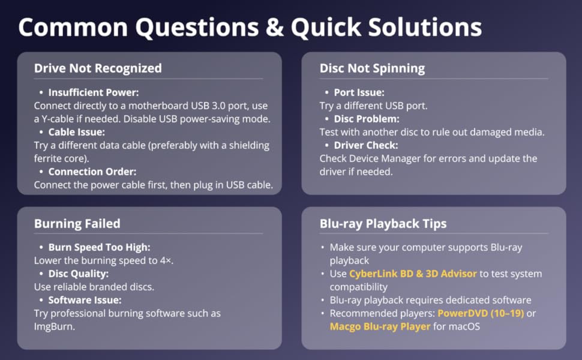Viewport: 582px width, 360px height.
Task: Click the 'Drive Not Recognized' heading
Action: (98, 68)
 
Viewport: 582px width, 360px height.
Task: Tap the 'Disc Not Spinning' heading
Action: (372, 68)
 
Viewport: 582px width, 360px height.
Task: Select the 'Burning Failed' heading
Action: (77, 224)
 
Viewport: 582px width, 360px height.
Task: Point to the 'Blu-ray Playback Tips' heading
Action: (383, 224)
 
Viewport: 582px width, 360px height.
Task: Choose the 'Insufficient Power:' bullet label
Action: (94, 93)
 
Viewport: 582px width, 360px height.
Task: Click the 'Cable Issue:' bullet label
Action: (77, 132)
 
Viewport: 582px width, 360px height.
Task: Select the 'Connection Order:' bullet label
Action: (92, 172)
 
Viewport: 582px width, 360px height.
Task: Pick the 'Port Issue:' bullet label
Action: (359, 93)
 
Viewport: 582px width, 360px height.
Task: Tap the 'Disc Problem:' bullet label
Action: (366, 119)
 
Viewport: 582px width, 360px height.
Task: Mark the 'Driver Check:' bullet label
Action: (365, 145)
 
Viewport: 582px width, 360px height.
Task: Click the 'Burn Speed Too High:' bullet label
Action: (98, 247)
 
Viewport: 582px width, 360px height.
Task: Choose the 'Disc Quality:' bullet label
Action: (77, 274)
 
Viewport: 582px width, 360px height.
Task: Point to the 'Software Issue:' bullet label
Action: (85, 300)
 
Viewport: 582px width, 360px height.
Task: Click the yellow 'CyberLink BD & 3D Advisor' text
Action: (413, 274)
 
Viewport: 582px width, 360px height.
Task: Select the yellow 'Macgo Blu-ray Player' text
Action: (380, 327)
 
